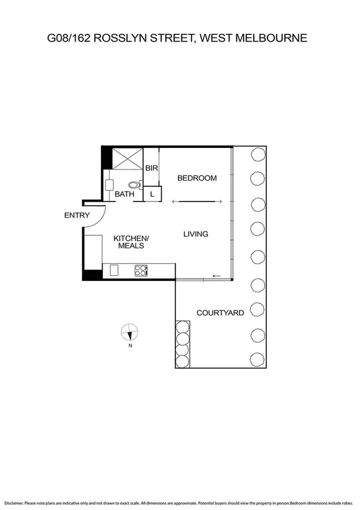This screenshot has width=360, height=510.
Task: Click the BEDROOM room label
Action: (196, 178)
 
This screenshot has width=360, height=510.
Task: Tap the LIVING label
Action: (196, 234)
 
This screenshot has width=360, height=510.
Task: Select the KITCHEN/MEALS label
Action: (131, 242)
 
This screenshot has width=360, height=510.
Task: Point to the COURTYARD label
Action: (220, 313)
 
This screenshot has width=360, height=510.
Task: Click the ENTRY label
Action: (77, 215)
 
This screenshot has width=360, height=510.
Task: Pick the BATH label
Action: (124, 194)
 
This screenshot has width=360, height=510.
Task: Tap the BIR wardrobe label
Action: (151, 168)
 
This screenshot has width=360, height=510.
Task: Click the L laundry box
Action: (152, 194)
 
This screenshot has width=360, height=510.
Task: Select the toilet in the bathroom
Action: (133, 186)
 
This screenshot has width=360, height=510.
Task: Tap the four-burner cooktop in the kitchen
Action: (141, 271)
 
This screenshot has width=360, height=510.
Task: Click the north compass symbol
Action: (129, 333)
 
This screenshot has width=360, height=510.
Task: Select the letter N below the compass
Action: (129, 346)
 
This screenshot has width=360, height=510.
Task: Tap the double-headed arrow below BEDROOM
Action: (197, 201)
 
